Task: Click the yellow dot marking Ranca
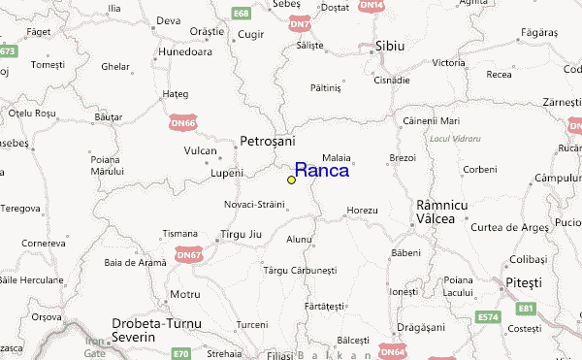click(x=291, y=180)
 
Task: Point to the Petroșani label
click(x=267, y=142)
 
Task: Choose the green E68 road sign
click(x=242, y=14)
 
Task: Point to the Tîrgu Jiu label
click(x=237, y=236)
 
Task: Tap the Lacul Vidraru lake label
click(x=454, y=139)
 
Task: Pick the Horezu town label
click(x=361, y=211)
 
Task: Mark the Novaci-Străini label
click(x=254, y=205)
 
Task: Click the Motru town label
click(x=184, y=293)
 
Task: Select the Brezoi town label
click(x=402, y=157)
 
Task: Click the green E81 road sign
click(x=525, y=309)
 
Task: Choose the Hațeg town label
click(x=175, y=94)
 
